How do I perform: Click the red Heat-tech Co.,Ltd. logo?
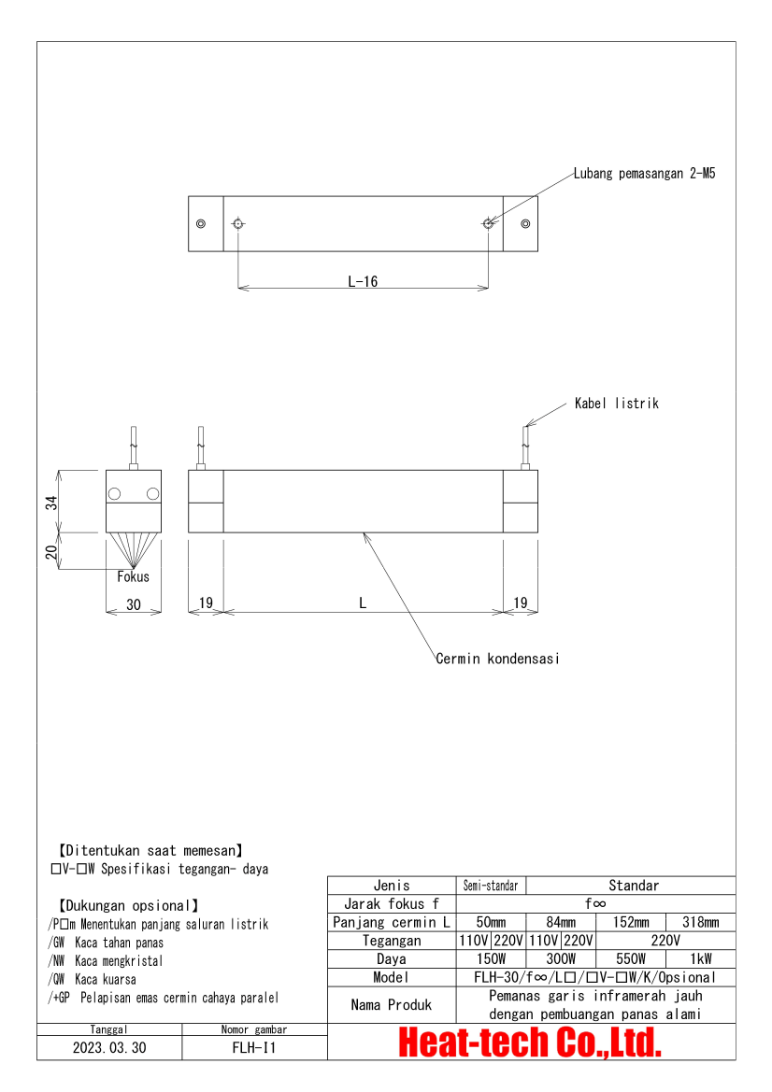click(531, 1042)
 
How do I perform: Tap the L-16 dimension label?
click(363, 281)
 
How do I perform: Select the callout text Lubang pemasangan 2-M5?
click(644, 174)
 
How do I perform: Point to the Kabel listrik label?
click(616, 404)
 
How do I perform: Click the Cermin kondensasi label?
click(497, 659)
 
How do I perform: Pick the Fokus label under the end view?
click(133, 576)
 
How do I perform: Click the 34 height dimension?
click(52, 502)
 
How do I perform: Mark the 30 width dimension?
click(133, 604)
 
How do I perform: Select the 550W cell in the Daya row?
click(631, 959)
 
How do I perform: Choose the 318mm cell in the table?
click(700, 922)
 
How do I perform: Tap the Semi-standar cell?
click(492, 886)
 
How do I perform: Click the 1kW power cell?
click(700, 959)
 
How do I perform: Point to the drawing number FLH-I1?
click(254, 1047)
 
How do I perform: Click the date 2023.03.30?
click(109, 1047)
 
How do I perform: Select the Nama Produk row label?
click(391, 1005)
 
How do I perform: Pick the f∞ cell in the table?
click(595, 903)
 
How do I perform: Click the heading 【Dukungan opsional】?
click(129, 905)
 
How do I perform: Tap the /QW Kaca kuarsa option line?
click(93, 979)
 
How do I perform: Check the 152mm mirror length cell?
click(631, 922)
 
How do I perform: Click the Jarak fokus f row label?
click(391, 903)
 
